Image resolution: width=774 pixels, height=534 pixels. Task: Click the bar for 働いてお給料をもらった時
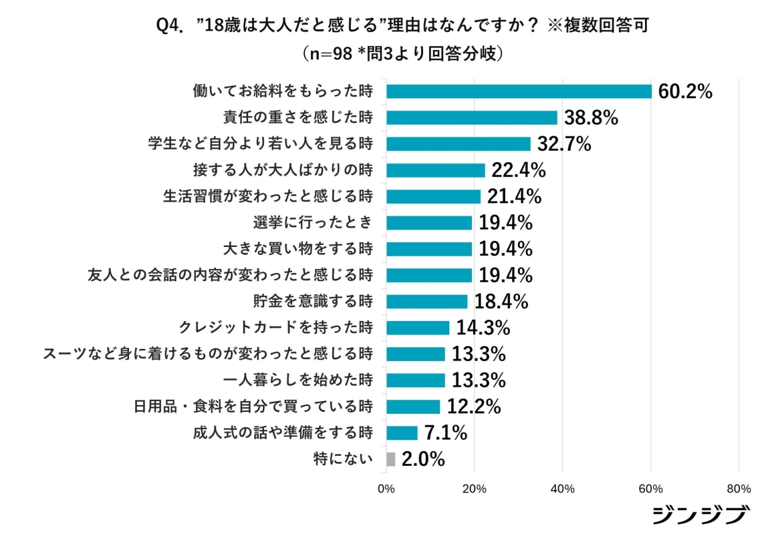pos(519,91)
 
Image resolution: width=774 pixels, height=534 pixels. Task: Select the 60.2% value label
pos(685,91)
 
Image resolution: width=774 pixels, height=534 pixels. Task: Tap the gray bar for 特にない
pos(391,459)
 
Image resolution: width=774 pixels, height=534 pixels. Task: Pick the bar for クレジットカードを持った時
pos(418,328)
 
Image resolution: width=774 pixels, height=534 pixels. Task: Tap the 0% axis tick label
pos(386,489)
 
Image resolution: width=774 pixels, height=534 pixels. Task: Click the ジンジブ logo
pos(700,515)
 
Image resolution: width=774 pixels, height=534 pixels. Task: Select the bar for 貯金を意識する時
pos(426,302)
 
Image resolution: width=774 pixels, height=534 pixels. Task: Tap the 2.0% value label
pos(423,459)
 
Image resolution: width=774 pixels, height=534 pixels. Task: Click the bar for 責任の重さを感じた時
pos(472,118)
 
